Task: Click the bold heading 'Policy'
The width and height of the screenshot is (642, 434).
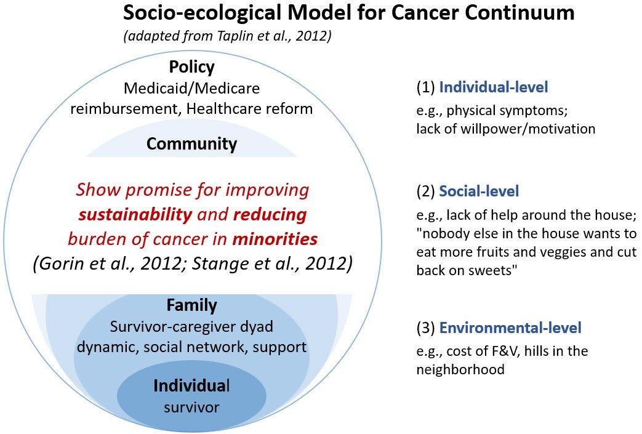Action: pyautogui.click(x=191, y=67)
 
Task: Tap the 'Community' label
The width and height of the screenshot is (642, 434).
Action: pyautogui.click(x=191, y=143)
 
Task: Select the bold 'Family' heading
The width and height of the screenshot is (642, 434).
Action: pyautogui.click(x=191, y=305)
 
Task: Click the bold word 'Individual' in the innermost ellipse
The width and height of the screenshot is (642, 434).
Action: pyautogui.click(x=191, y=386)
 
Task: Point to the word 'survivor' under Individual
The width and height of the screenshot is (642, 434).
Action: pyautogui.click(x=191, y=408)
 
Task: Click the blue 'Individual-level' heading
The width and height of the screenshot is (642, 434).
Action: pyautogui.click(x=494, y=87)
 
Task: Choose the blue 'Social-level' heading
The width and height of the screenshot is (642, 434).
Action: pyautogui.click(x=479, y=191)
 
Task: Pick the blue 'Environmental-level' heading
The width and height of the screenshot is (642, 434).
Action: pyautogui.click(x=510, y=328)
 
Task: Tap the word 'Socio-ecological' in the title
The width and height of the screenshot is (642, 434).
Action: pyautogui.click(x=202, y=13)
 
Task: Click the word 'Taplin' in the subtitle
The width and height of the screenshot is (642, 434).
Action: pyautogui.click(x=232, y=36)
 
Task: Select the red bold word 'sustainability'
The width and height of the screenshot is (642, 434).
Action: pyautogui.click(x=135, y=215)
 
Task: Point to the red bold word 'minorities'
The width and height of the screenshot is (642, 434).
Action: pyautogui.click(x=275, y=239)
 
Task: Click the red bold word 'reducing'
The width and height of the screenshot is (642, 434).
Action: pyautogui.click(x=270, y=215)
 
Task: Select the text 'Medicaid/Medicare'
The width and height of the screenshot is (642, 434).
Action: pyautogui.click(x=191, y=89)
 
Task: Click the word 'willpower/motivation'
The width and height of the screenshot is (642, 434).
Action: pyautogui.click(x=528, y=129)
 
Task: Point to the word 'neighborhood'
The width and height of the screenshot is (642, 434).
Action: pyautogui.click(x=460, y=370)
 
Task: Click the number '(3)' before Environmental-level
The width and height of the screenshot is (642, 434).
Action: pyautogui.click(x=426, y=328)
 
